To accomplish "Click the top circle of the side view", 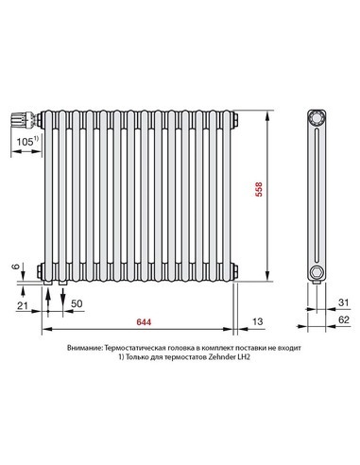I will pos(316,118).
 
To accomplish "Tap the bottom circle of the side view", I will pos(316,272).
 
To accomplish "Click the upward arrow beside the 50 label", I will pos(63,301).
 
